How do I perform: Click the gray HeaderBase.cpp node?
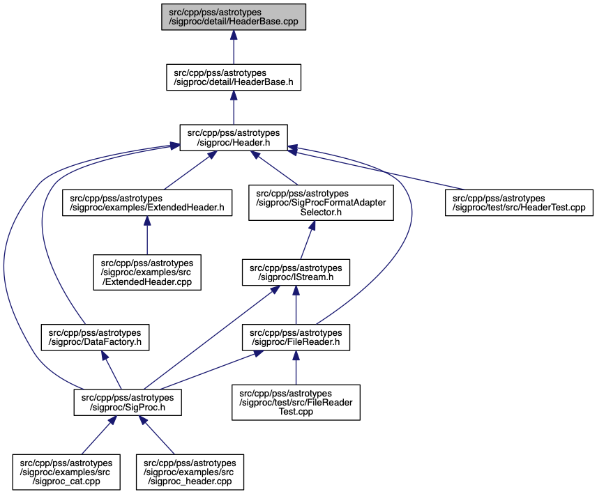click(x=234, y=17)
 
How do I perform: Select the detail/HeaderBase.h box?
click(x=234, y=77)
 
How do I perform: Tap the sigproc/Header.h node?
click(x=234, y=138)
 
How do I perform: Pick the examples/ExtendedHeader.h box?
click(x=147, y=203)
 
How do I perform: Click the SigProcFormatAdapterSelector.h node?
click(x=321, y=203)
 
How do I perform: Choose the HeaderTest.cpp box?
click(x=519, y=203)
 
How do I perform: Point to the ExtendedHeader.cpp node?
click(x=147, y=272)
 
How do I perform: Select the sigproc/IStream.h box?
click(x=296, y=272)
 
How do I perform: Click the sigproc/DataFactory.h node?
click(x=95, y=337)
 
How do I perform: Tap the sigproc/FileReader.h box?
click(x=296, y=337)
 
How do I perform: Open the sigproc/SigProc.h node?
click(x=128, y=402)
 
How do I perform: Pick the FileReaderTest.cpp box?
click(x=296, y=402)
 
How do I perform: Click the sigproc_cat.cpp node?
click(x=66, y=472)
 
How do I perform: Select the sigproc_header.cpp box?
click(x=190, y=472)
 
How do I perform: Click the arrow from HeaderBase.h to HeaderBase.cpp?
click(x=234, y=47)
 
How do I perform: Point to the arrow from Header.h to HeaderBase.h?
click(x=234, y=107)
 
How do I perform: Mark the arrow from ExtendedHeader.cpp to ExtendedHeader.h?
click(x=147, y=236)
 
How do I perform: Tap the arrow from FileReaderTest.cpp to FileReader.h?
click(x=296, y=368)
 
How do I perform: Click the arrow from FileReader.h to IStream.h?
click(x=296, y=304)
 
